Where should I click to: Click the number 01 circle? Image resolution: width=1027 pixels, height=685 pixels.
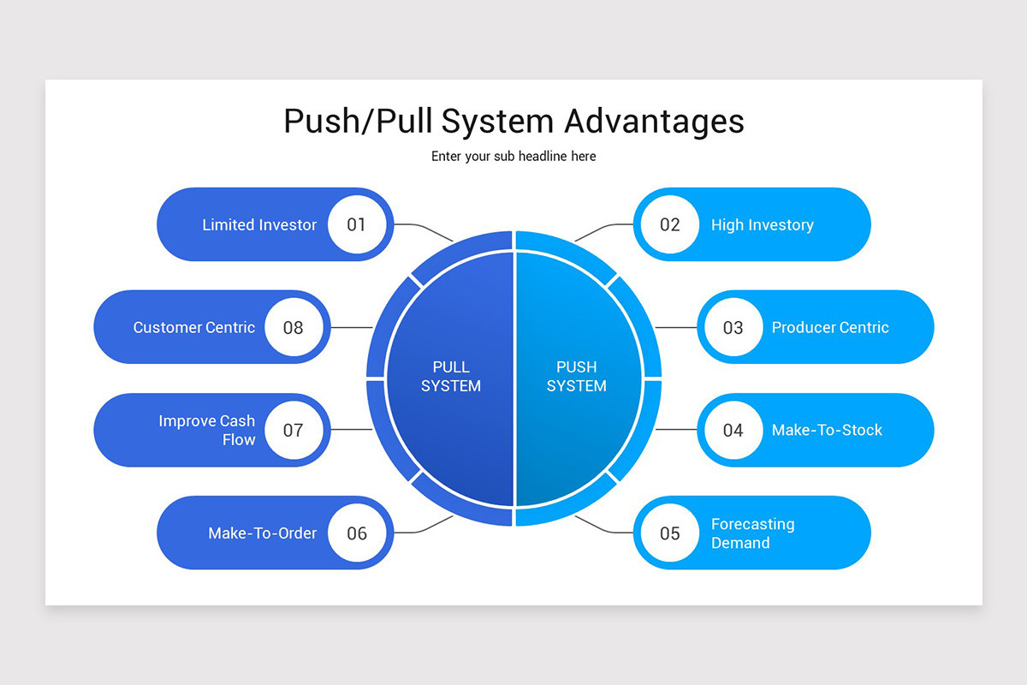[x=357, y=224]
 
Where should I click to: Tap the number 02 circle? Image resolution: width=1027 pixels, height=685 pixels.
[x=669, y=224]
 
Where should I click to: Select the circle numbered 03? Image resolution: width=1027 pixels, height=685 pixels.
[x=733, y=327]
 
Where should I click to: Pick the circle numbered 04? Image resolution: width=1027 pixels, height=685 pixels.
[x=733, y=430]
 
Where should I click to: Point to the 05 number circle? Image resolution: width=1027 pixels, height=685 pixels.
[x=669, y=533]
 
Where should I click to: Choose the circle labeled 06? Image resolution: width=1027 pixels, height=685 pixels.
[x=357, y=533]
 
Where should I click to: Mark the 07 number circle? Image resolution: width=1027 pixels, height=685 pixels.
[x=294, y=430]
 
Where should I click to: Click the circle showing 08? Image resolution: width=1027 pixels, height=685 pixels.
[x=294, y=327]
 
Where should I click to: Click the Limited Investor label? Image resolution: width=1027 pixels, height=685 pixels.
[x=259, y=225]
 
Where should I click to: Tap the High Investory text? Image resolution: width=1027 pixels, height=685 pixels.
[x=762, y=225]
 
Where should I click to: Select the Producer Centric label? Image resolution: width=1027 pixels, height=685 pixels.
[x=830, y=327]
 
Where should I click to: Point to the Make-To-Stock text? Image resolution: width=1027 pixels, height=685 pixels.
[x=827, y=430]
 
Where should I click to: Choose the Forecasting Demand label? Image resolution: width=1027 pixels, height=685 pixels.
[x=752, y=533]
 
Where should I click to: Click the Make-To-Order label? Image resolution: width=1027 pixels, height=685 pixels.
[x=262, y=533]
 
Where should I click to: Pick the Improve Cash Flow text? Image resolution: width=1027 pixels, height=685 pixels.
[x=207, y=431]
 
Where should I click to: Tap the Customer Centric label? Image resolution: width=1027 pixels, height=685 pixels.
[x=194, y=327]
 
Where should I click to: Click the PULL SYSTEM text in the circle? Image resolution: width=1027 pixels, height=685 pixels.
[x=451, y=377]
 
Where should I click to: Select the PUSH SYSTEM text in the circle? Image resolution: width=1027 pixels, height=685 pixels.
[x=576, y=377]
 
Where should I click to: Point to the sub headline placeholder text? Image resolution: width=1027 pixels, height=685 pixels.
[x=513, y=157]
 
